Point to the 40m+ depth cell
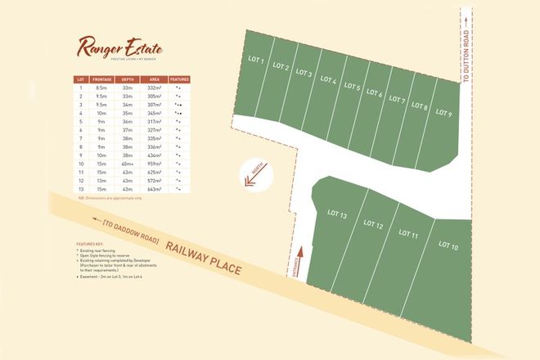[128, 164]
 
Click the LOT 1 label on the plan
[255, 60]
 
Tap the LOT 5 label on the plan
[353, 87]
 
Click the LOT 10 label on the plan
[448, 245]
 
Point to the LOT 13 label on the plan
[338, 215]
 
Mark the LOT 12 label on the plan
[373, 225]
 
